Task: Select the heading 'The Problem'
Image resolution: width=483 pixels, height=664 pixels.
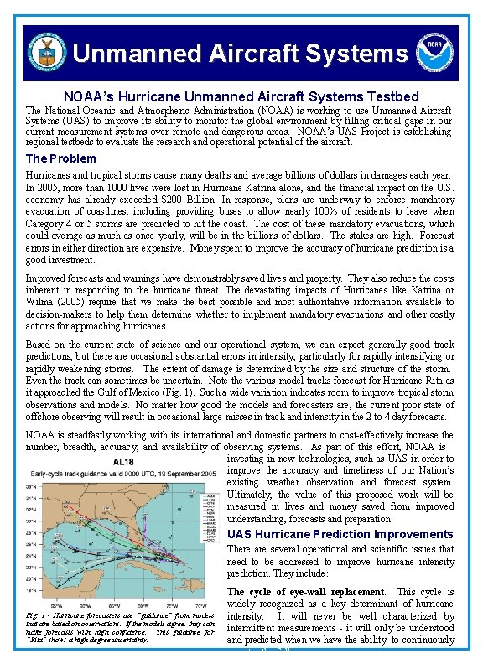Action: [60, 158]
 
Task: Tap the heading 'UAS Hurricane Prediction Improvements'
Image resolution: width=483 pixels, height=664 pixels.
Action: [340, 534]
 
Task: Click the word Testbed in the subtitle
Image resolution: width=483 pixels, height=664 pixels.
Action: [392, 97]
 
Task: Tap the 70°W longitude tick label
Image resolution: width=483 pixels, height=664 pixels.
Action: [198, 604]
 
